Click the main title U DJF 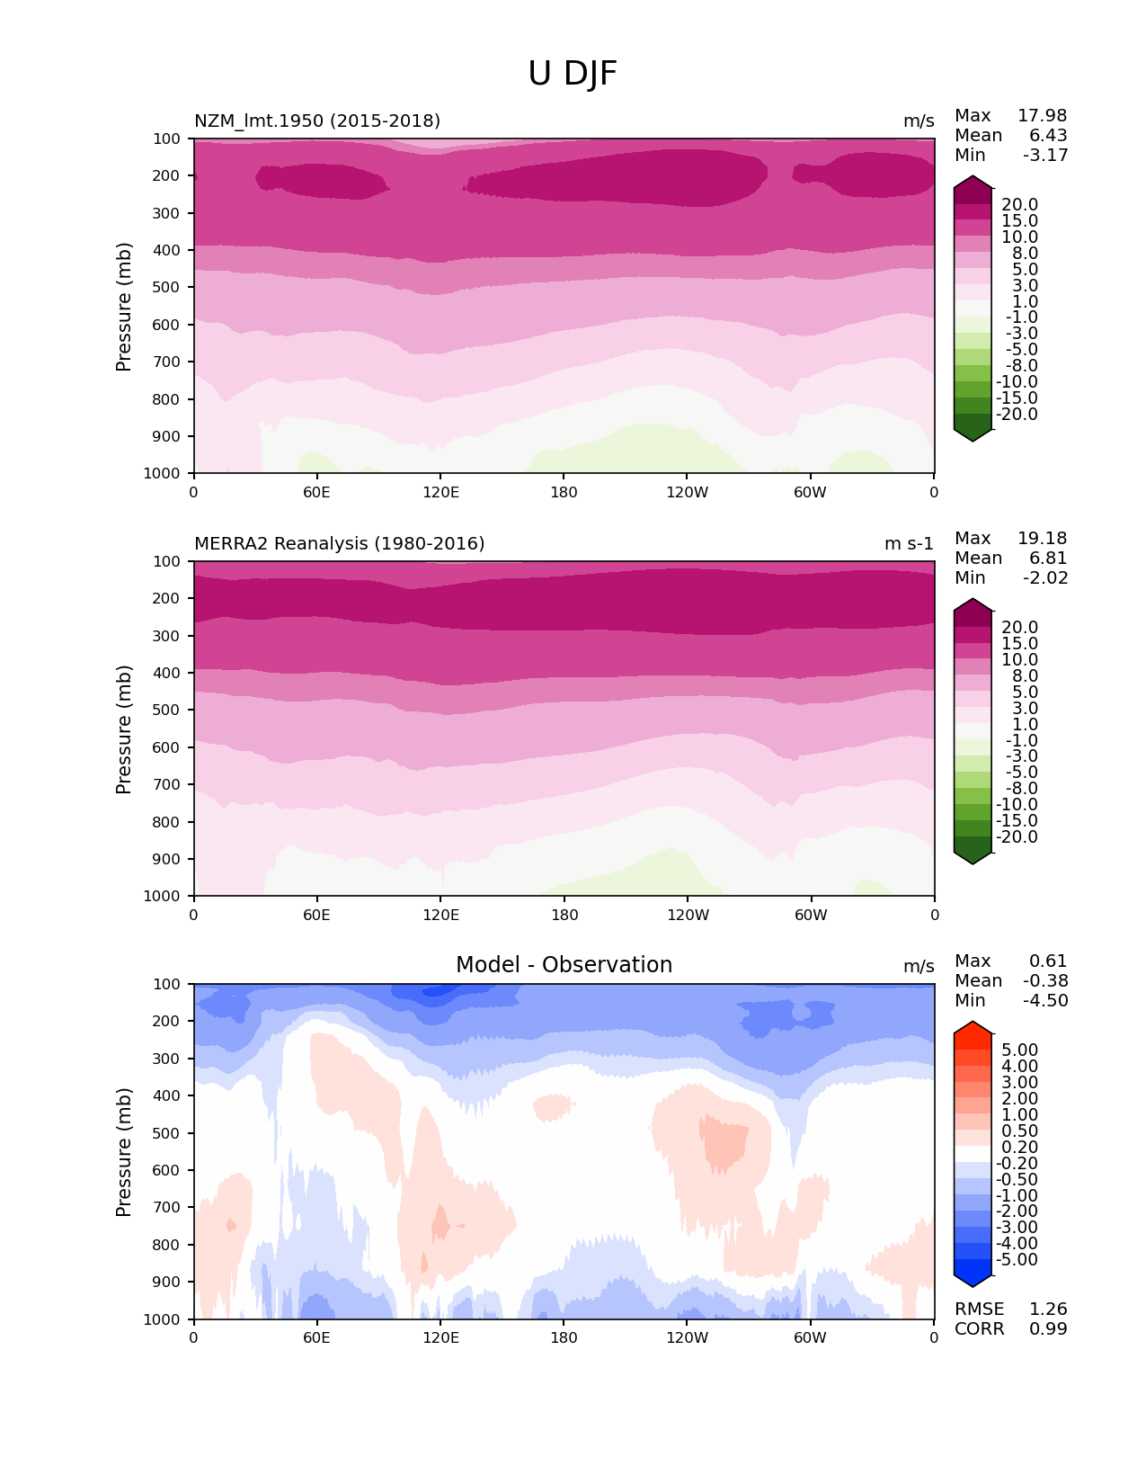pyautogui.click(x=573, y=74)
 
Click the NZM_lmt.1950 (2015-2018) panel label pyautogui.click(x=317, y=121)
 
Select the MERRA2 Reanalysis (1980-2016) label pyautogui.click(x=339, y=543)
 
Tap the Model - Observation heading pyautogui.click(x=564, y=965)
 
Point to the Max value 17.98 pyautogui.click(x=1042, y=115)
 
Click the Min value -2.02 pyautogui.click(x=1045, y=577)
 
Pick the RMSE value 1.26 pyautogui.click(x=1048, y=1309)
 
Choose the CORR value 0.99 pyautogui.click(x=1048, y=1328)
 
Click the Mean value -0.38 pyautogui.click(x=1045, y=980)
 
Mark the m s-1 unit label pyautogui.click(x=909, y=543)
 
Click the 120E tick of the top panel pyautogui.click(x=440, y=492)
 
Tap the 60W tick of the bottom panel pyautogui.click(x=810, y=1337)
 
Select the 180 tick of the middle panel pyautogui.click(x=564, y=915)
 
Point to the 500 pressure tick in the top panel pyautogui.click(x=168, y=287)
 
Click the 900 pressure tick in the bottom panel pyautogui.click(x=168, y=1282)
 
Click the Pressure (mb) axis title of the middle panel pyautogui.click(x=124, y=729)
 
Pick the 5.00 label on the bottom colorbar pyautogui.click(x=1019, y=1050)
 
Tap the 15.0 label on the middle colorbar pyautogui.click(x=1019, y=644)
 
